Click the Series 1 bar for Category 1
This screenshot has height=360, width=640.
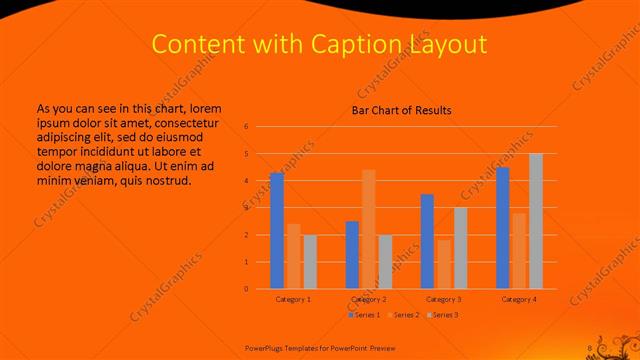(x=277, y=231)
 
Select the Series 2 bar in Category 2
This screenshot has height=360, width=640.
(x=368, y=229)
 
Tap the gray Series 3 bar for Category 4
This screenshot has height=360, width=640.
(x=536, y=221)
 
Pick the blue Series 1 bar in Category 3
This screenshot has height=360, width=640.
(x=427, y=241)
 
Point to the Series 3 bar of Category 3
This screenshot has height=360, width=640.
(x=460, y=248)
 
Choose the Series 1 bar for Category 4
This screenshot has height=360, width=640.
(x=502, y=228)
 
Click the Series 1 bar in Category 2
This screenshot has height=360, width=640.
(x=352, y=255)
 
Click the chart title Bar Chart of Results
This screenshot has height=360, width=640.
(x=401, y=110)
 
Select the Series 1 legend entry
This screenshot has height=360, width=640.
(x=364, y=315)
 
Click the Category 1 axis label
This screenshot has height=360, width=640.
(x=293, y=299)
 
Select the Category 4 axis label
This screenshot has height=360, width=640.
(x=519, y=299)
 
